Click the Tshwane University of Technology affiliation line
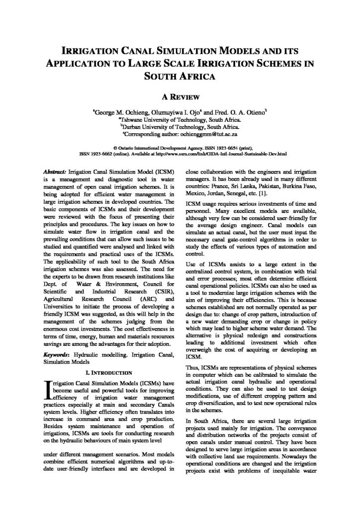(180, 120)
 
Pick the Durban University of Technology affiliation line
(180, 127)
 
